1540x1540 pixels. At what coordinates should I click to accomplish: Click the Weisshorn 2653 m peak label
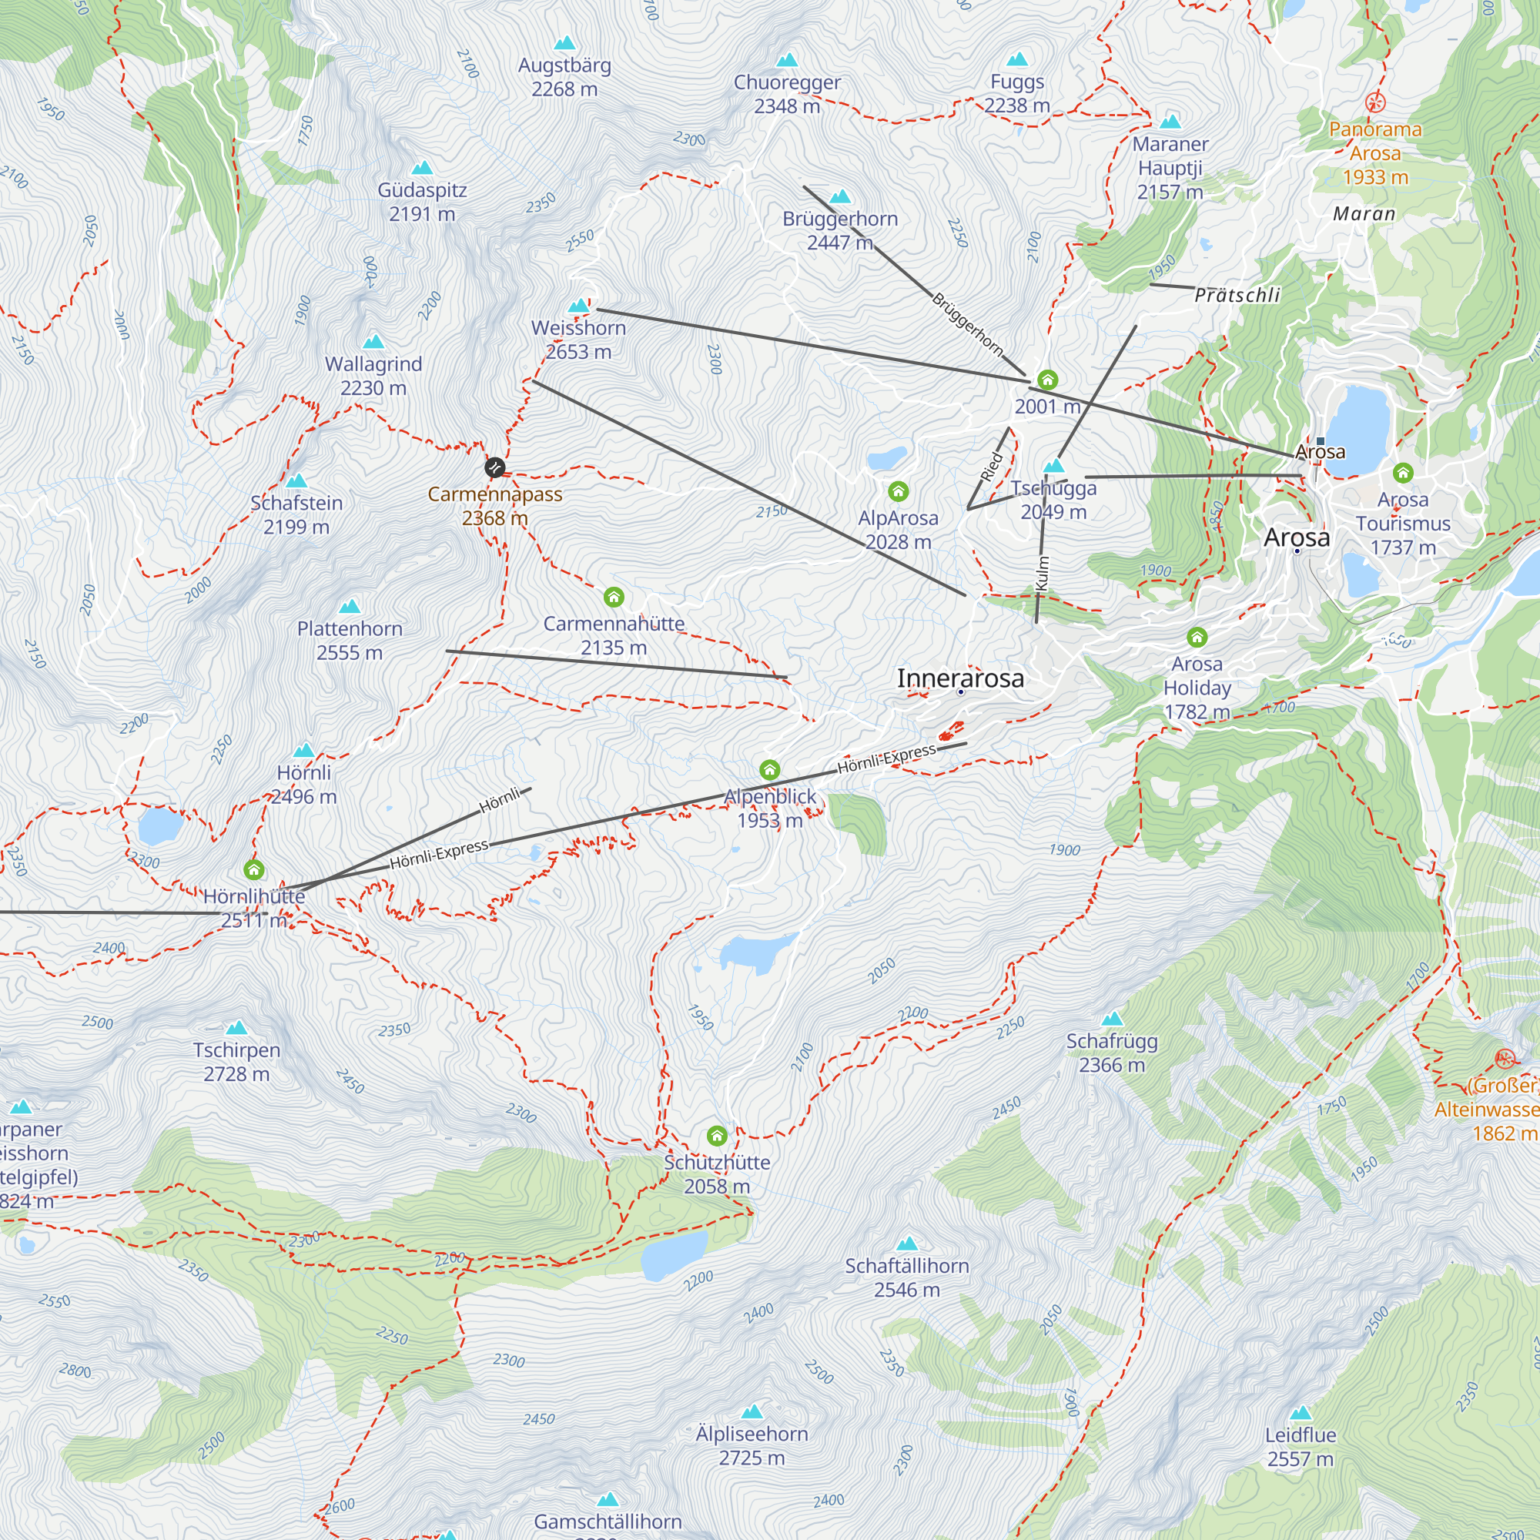coord(578,340)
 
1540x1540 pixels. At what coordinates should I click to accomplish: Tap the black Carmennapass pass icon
coord(494,467)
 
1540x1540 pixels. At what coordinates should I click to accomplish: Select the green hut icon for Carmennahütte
coord(613,597)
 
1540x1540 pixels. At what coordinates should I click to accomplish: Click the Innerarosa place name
coord(959,678)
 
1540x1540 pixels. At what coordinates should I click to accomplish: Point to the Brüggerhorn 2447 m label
coord(839,230)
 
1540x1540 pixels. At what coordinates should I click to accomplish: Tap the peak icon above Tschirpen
coord(236,1028)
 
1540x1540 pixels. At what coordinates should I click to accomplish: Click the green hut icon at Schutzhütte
coord(717,1135)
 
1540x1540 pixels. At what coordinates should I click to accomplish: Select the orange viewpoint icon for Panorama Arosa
coord(1375,102)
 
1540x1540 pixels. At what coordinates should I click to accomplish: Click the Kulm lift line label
coord(1043,573)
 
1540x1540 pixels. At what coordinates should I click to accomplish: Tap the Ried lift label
coord(991,467)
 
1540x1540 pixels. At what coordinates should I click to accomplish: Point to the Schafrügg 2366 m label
coord(1111,1053)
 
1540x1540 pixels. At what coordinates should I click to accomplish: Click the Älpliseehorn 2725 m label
coord(752,1446)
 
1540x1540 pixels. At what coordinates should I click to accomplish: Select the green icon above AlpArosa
coord(899,491)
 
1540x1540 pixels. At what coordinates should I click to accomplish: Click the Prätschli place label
coord(1237,295)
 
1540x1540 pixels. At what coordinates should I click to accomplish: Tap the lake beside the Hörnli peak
coord(159,825)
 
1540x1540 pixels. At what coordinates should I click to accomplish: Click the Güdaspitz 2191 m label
coord(422,202)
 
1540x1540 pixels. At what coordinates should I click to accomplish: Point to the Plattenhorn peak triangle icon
coord(349,608)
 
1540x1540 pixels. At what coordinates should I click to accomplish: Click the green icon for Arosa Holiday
coord(1197,637)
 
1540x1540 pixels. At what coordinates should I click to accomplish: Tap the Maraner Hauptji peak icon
coord(1170,122)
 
